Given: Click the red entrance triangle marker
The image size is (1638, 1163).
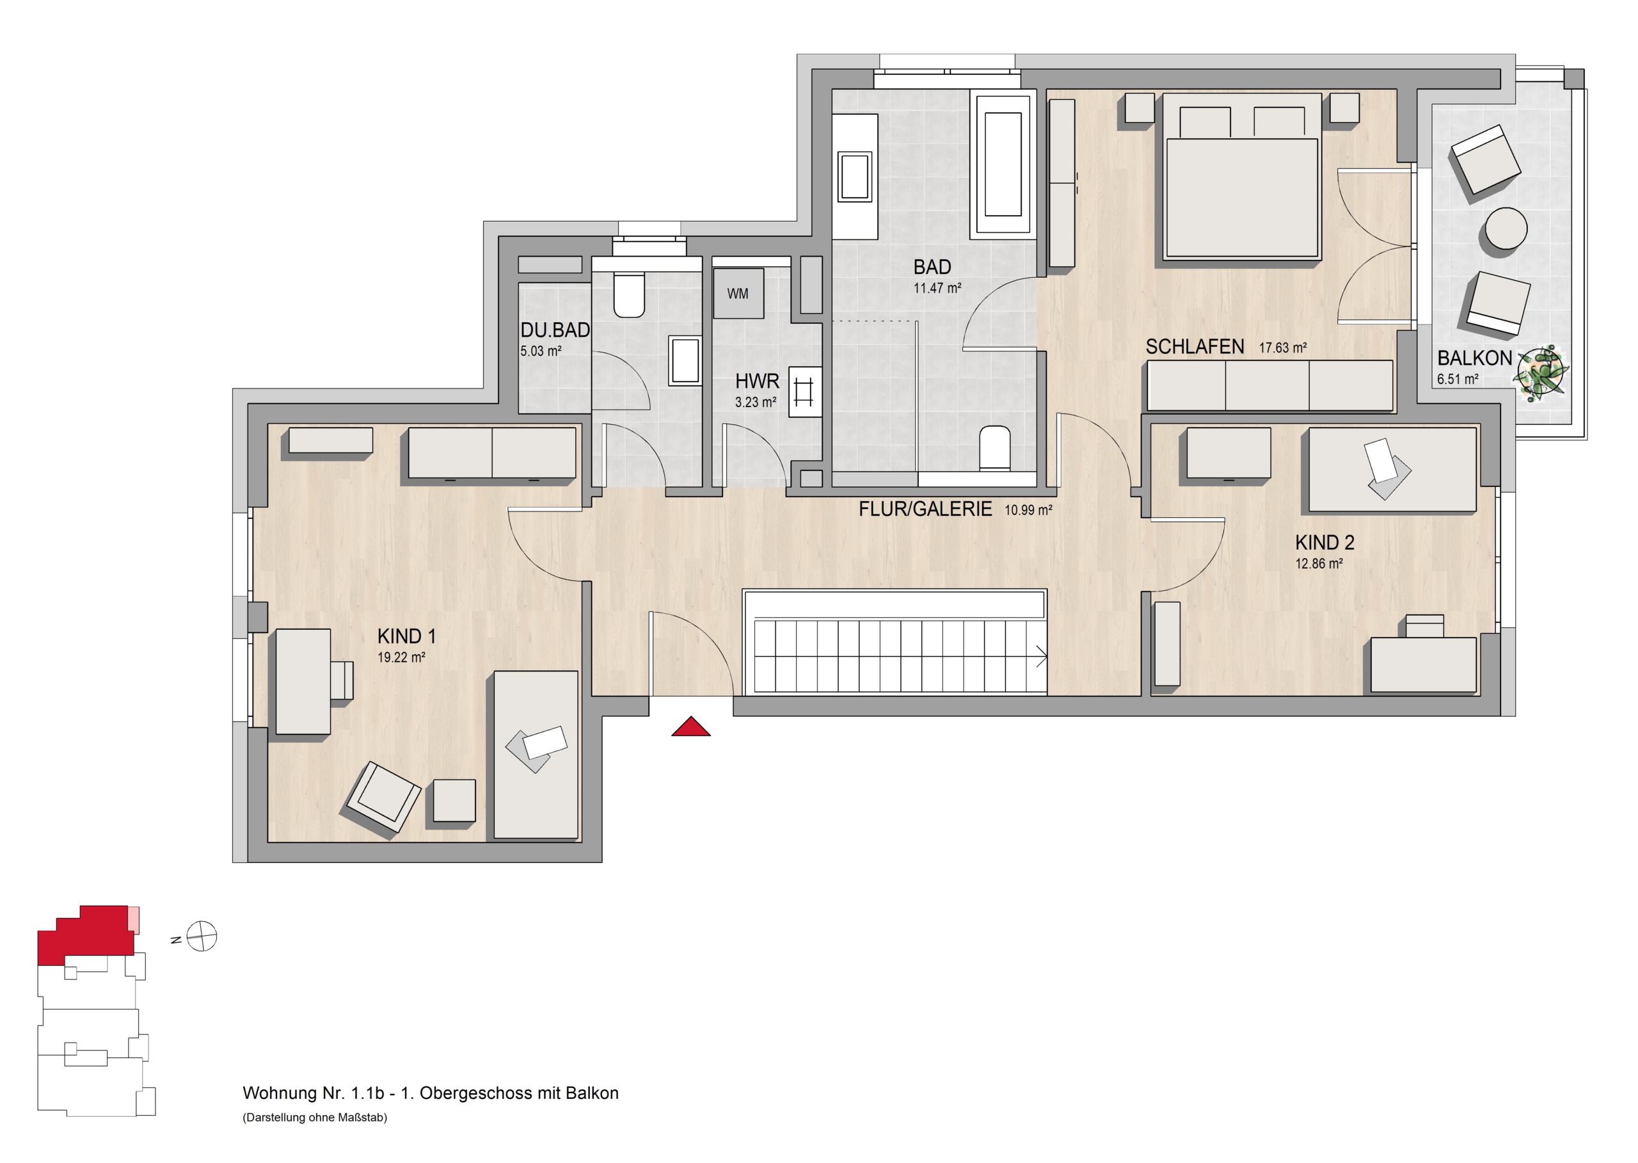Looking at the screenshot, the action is tap(690, 727).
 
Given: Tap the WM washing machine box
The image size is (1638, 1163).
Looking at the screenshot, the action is tap(738, 293).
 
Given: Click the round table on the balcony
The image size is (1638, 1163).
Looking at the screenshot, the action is tap(1506, 230).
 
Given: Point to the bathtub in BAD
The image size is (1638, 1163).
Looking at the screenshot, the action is tap(1002, 164).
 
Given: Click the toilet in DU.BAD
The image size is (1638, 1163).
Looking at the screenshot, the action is tap(629, 294).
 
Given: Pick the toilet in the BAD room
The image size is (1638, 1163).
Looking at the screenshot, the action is tap(994, 447).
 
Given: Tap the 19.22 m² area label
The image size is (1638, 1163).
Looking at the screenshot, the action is tap(402, 657).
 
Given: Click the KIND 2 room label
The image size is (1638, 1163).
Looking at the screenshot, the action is tap(1324, 542).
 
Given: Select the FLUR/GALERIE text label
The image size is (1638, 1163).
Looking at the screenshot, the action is tap(925, 509).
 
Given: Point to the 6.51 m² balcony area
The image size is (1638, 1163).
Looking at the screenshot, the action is tap(1458, 379).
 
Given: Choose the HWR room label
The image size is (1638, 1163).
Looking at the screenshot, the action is tap(757, 381).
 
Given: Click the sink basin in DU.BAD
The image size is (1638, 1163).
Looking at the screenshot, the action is tap(685, 361).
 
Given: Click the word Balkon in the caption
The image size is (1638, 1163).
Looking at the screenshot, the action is tap(592, 1093).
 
